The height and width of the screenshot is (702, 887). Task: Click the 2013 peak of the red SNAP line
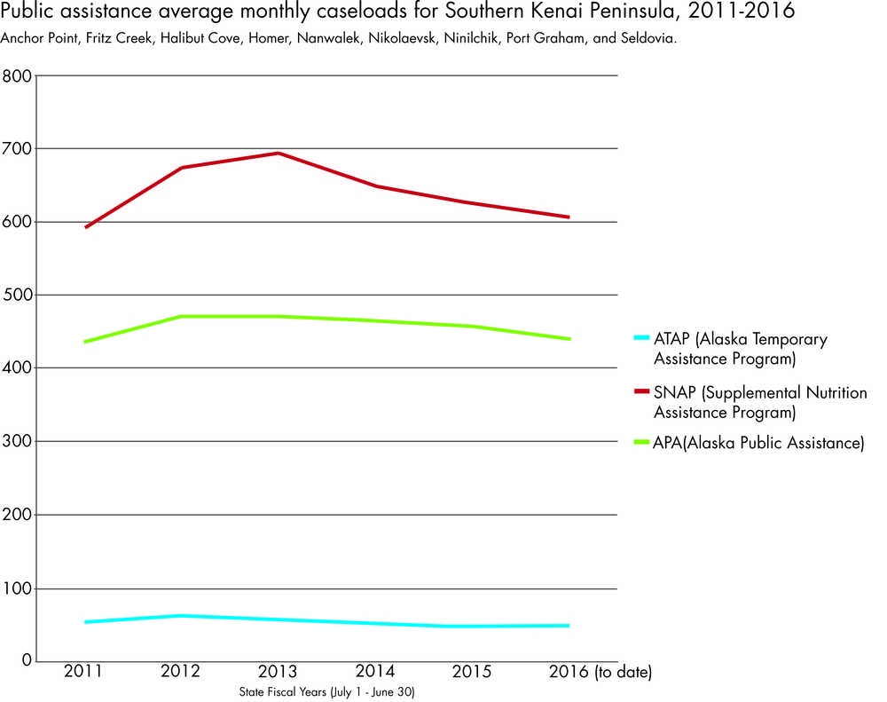tap(279, 153)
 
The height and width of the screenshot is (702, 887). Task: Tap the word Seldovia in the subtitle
tap(650, 40)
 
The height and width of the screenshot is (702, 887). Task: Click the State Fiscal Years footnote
tap(326, 690)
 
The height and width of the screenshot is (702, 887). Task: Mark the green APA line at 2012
tap(182, 316)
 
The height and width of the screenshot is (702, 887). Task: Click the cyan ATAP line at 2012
tap(182, 615)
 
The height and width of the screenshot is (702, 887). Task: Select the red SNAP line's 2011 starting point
tap(86, 227)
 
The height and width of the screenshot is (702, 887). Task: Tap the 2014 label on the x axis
tap(375, 672)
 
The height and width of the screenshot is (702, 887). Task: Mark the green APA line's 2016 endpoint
tap(569, 339)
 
